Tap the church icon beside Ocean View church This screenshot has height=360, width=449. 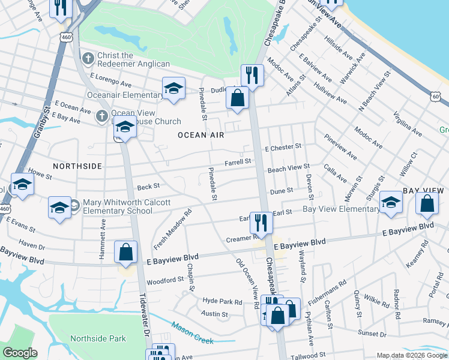tap(102, 115)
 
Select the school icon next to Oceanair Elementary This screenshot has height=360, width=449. tap(173, 88)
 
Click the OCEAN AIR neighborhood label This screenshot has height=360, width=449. tap(200, 136)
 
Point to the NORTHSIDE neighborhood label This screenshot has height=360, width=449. tap(77, 166)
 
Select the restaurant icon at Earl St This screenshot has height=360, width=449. tap(261, 221)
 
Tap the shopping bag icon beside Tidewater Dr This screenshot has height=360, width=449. tap(126, 252)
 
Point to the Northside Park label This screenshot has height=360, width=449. tap(98, 338)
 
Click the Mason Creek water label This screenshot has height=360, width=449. tap(192, 333)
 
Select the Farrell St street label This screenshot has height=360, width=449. tap(238, 162)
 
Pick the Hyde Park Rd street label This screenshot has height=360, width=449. tap(222, 302)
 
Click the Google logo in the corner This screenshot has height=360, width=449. tap(20, 353)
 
